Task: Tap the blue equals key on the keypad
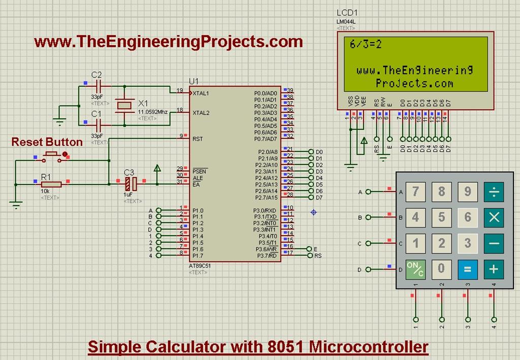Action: [467, 269]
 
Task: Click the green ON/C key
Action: [415, 269]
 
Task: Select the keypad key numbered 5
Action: [441, 217]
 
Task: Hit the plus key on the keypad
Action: [493, 269]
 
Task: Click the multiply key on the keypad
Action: [493, 217]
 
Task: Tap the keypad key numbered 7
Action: [415, 191]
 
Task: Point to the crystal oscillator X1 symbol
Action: [124, 105]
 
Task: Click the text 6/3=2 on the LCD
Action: [366, 45]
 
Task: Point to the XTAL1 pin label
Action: [201, 93]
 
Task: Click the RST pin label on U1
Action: [198, 139]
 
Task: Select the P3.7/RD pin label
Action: [266, 256]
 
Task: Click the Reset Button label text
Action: [47, 142]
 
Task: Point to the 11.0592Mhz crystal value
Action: [152, 111]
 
